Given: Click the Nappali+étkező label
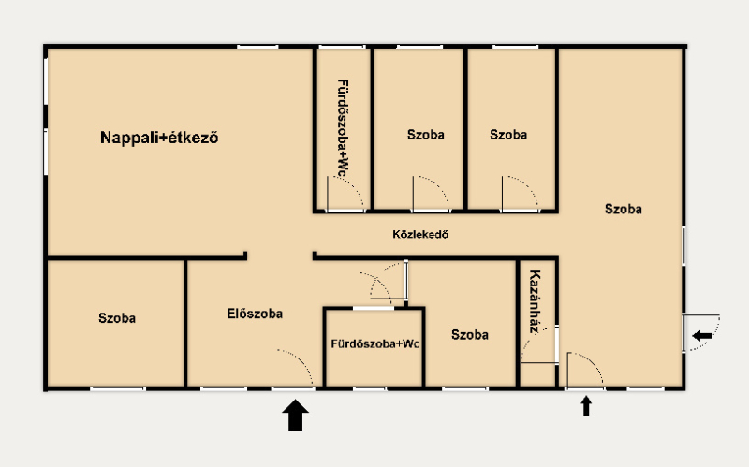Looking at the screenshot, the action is [x=159, y=138].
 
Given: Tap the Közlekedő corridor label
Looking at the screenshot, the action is [x=420, y=235].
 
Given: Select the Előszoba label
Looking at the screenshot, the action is [x=255, y=314].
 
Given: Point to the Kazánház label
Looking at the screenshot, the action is [x=535, y=301].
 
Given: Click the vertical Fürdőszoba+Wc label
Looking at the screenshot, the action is [x=343, y=128].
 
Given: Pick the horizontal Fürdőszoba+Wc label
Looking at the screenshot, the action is [x=375, y=343].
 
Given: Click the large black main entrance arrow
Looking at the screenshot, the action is [x=295, y=415].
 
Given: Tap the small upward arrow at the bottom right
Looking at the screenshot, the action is [x=586, y=406].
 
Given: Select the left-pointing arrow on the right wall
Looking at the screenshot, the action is [x=702, y=336].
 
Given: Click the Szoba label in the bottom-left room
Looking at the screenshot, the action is [x=117, y=318].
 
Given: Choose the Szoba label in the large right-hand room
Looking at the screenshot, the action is [x=623, y=209].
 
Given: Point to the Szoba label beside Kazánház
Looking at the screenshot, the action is [x=470, y=335].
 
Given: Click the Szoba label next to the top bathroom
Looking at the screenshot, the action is [x=426, y=135].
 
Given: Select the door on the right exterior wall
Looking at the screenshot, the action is [x=701, y=333].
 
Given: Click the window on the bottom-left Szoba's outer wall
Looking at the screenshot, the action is [x=117, y=389].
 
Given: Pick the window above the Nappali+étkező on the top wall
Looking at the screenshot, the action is [x=257, y=47].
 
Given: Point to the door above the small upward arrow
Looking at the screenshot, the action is [x=584, y=370].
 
